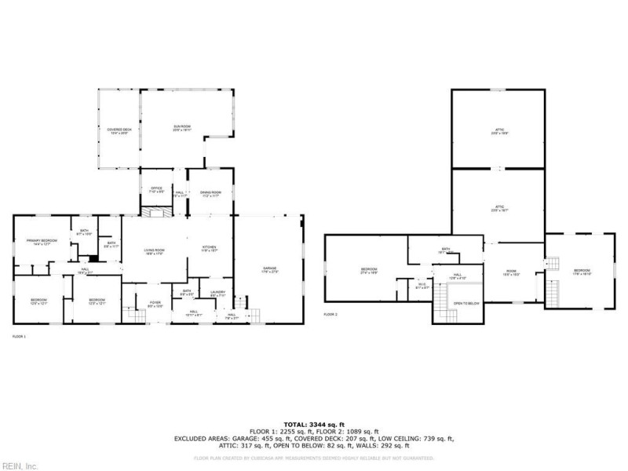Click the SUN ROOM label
(182, 128)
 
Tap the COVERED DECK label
(119, 130)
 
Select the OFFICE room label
(152, 190)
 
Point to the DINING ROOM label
(210, 193)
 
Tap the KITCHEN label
(209, 248)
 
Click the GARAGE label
(270, 269)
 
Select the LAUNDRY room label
(218, 294)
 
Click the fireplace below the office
(152, 212)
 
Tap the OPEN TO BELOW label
(466, 304)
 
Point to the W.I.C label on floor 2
(422, 287)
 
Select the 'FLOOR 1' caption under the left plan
(19, 336)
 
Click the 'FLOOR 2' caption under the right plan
(330, 314)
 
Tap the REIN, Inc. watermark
(20, 466)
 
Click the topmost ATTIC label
(498, 130)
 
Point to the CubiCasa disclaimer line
(313, 457)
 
